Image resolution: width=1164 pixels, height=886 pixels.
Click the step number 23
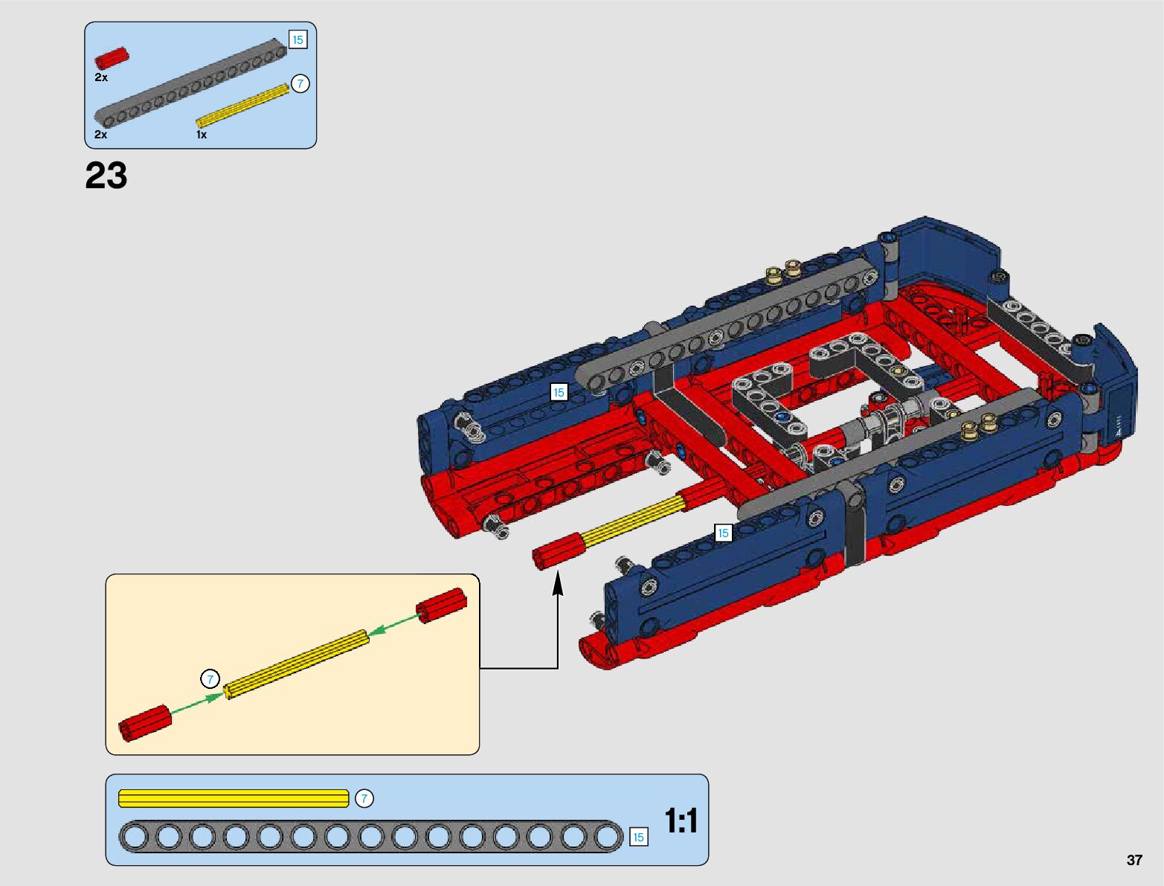pos(106,176)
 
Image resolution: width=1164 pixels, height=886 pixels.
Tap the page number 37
pos(1134,860)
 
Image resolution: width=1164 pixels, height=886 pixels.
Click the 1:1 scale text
pos(681,821)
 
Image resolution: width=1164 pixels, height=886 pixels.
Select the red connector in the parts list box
pos(112,58)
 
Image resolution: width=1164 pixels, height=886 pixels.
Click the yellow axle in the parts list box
pos(243,106)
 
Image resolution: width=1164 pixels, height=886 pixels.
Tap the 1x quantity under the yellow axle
pos(202,135)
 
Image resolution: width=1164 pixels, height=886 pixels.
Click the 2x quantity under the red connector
pos(100,77)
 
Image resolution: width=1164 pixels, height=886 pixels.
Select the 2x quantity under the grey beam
pos(100,135)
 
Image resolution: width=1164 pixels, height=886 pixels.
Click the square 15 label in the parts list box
pos(298,39)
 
